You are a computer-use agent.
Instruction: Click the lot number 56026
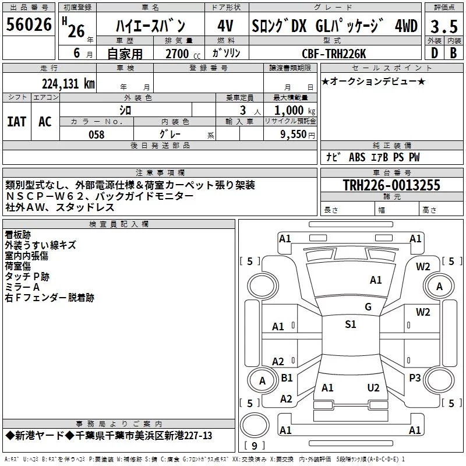coord(29,24)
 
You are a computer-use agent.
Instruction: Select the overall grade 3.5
coord(444,26)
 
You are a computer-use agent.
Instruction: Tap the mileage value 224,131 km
coord(68,84)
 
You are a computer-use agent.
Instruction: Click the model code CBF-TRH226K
coord(334,54)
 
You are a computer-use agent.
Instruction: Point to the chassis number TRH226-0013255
coord(391,185)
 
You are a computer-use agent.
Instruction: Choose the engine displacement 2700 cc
coord(183,54)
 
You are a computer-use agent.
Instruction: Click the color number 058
coord(97,135)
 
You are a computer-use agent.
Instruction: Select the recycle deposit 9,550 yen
coord(298,135)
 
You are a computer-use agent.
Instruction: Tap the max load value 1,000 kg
coord(295,111)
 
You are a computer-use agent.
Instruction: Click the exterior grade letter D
coord(435,53)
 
